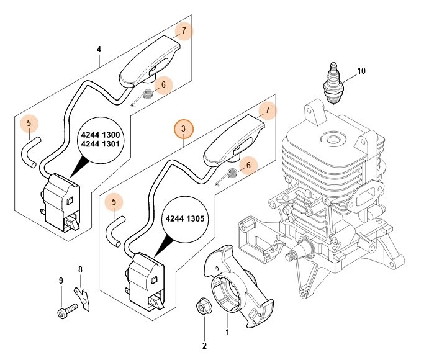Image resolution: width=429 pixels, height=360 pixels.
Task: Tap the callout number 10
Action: pyautogui.click(x=361, y=71)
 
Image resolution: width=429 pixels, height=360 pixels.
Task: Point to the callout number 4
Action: pyautogui.click(x=99, y=50)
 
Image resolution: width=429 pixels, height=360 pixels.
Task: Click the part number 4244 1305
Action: pyautogui.click(x=184, y=218)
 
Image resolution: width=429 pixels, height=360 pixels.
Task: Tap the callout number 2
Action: pyautogui.click(x=204, y=346)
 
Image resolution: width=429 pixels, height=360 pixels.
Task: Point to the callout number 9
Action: pyautogui.click(x=61, y=281)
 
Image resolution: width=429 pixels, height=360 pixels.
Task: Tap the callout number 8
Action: pyautogui.click(x=79, y=269)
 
